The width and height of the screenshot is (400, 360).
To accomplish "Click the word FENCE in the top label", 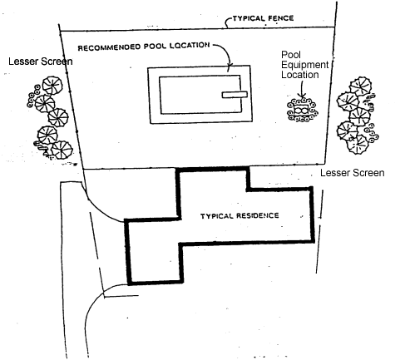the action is tap(281, 18).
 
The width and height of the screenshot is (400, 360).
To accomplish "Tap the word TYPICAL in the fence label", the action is tap(249, 18).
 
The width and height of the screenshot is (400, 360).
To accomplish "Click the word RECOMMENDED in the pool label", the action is tap(109, 47).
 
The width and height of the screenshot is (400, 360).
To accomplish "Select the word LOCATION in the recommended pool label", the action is tap(189, 45).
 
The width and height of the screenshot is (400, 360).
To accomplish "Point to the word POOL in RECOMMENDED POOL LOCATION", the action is tap(155, 47).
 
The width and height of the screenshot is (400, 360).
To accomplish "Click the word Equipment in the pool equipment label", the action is tap(305, 65).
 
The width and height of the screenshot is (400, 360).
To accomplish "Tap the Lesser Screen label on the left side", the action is tap(41, 62).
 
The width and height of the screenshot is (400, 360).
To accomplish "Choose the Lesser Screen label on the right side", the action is tap(353, 173).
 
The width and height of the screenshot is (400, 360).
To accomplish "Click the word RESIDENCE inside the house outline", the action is tap(258, 215).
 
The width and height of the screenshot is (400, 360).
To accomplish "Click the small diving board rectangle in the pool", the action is tap(235, 95).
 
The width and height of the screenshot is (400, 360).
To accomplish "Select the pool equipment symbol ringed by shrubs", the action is tap(303, 110).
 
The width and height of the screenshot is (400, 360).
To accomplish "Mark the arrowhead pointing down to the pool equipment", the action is tap(303, 96).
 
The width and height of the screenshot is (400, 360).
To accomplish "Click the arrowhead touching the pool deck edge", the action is tap(230, 65).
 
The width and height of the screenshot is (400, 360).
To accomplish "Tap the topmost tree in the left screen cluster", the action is tap(52, 86).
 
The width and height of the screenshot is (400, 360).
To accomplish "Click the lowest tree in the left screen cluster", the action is tap(62, 150).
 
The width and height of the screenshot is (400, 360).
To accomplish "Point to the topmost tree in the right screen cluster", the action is tap(360, 86).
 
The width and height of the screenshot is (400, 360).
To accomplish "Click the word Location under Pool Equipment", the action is tap(300, 75).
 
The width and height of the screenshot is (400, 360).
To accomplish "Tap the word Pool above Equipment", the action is tap(291, 55).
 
